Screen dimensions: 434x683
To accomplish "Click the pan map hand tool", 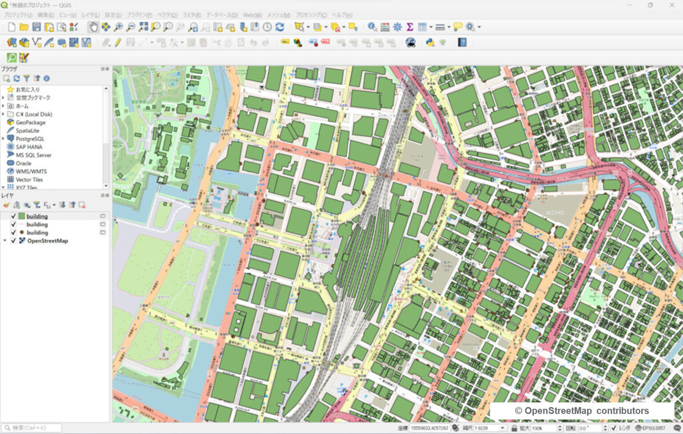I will click(93, 27).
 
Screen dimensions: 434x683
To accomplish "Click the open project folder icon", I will click(24, 27).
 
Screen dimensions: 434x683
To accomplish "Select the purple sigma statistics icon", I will click(410, 27).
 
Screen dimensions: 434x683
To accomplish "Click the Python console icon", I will click(430, 43).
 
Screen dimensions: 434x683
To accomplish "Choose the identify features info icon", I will click(372, 27).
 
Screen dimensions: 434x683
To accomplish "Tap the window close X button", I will click(671, 5).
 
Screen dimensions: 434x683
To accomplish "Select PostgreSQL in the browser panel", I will click(30, 139).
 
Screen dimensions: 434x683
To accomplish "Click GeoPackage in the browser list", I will click(30, 122).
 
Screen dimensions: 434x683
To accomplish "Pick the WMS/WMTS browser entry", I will click(31, 171).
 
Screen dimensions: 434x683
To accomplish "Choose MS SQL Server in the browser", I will click(33, 155).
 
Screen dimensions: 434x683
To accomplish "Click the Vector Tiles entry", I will click(29, 180).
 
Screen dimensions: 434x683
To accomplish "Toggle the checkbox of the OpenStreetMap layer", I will click(13, 241).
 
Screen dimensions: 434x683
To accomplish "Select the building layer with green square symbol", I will click(37, 216).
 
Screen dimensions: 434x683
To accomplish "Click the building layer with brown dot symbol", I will click(37, 233).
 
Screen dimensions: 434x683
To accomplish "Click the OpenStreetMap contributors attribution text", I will click(582, 411).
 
